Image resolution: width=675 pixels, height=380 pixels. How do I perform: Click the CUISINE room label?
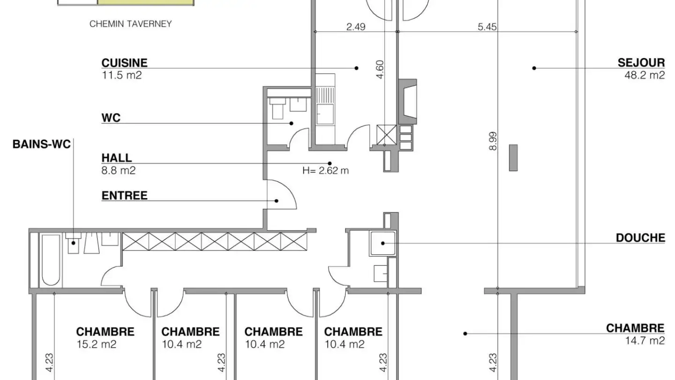[125, 63]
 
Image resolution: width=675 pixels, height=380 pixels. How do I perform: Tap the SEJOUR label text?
[641, 63]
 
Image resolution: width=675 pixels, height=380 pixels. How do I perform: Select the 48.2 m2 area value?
[645, 75]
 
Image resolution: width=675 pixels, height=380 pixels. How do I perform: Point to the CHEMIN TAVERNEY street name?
[130, 24]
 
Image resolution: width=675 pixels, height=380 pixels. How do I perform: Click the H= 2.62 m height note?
[325, 171]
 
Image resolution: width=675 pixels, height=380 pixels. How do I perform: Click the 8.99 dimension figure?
[493, 141]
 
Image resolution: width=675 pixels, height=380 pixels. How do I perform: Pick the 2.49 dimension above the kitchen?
[356, 27]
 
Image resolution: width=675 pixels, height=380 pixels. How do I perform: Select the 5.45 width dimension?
[487, 27]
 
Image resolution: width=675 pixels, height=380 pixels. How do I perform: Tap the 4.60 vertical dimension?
[380, 69]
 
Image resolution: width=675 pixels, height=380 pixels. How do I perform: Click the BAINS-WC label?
[42, 144]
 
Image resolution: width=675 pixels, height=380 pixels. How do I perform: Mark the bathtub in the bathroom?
[51, 260]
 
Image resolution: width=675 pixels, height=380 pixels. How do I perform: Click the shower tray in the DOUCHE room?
[382, 243]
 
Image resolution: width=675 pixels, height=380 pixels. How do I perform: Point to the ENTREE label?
[125, 196]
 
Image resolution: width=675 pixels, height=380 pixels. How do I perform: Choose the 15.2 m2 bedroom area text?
[97, 344]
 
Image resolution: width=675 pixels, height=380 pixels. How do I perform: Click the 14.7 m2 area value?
[645, 341]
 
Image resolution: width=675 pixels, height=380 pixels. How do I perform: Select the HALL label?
[117, 158]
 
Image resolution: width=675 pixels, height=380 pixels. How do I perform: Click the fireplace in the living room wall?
[408, 102]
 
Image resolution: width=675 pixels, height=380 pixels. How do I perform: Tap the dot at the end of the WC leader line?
[292, 123]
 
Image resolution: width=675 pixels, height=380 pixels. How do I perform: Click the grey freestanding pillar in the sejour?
[513, 158]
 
